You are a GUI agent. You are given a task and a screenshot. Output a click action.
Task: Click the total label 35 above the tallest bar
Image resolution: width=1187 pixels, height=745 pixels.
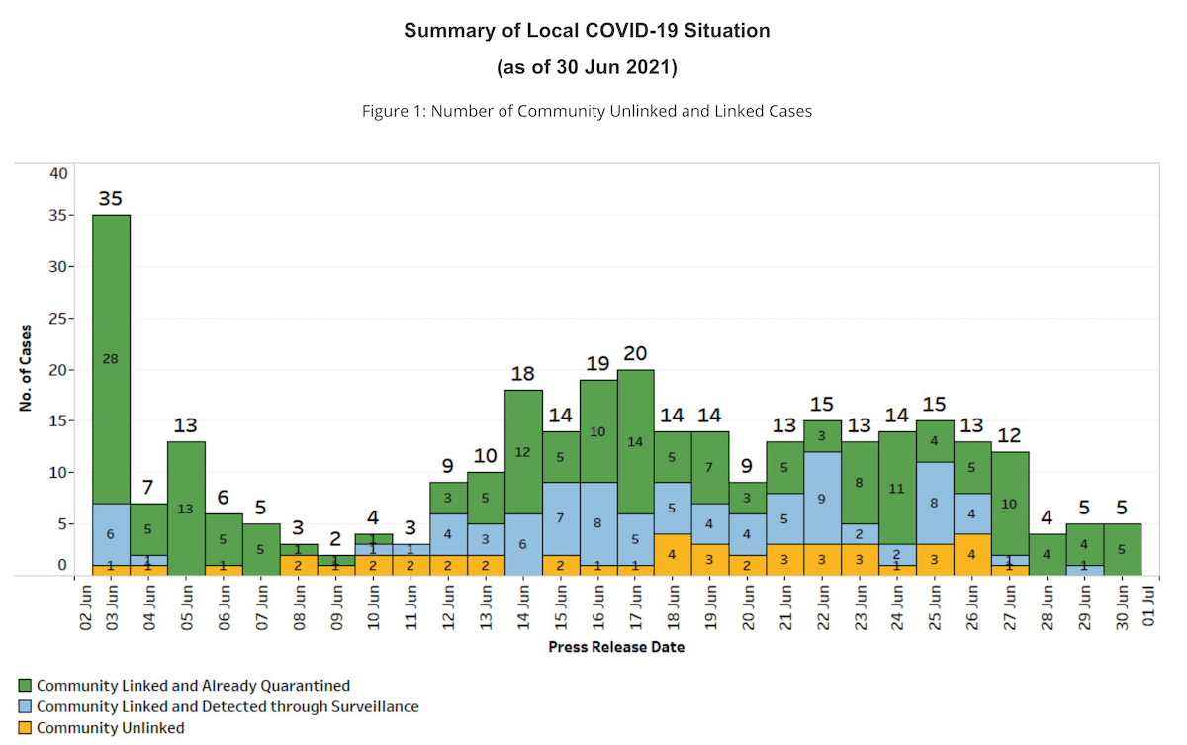(111, 199)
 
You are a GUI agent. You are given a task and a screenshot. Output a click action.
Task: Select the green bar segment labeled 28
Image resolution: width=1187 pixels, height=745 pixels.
(111, 358)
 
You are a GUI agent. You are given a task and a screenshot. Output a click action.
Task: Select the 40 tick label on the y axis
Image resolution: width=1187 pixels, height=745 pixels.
(58, 173)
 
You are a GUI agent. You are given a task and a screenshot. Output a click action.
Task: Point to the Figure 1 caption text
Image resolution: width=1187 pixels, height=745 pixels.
(587, 111)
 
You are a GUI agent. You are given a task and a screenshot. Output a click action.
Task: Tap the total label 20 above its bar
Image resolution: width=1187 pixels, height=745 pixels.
(636, 353)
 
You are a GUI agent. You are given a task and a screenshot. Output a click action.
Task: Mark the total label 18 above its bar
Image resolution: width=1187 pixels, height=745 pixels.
(524, 374)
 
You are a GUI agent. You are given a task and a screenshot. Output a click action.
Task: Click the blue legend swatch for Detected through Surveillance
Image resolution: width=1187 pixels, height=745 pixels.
(25, 706)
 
